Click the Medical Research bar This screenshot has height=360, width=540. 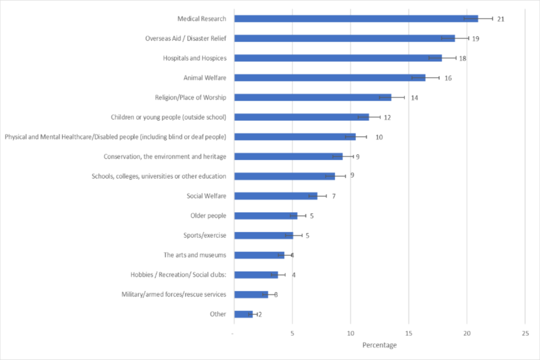click(355, 19)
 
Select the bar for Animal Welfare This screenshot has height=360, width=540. click(329, 78)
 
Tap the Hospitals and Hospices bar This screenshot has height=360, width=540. click(337, 58)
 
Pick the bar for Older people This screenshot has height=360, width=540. click(265, 215)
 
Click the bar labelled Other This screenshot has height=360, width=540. click(243, 314)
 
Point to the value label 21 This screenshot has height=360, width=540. click(500, 19)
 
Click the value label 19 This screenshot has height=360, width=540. click(476, 39)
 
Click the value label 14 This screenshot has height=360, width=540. click(415, 98)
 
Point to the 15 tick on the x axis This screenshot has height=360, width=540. click(409, 333)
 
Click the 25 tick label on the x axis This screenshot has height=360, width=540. click(525, 333)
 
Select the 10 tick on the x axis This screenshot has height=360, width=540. click(350, 333)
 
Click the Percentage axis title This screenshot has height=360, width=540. click(379, 345)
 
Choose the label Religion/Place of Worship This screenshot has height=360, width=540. click(190, 97)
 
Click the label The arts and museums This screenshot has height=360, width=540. click(195, 255)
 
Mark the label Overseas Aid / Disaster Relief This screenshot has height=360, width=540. click(186, 38)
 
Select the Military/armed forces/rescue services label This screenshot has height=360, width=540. click(174, 294)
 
